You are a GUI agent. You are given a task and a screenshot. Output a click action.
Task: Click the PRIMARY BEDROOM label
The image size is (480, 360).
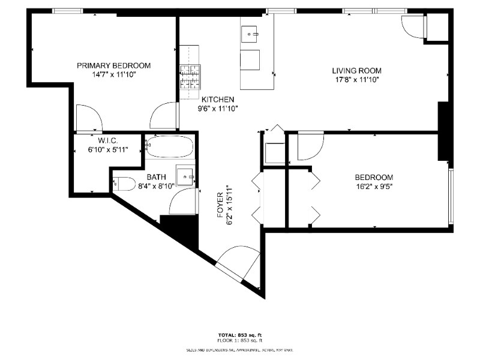tap(113, 65)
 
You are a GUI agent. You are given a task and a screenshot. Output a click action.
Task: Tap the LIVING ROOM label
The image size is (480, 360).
tap(357, 70)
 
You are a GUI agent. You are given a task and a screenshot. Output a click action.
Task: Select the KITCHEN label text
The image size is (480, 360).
tap(218, 100)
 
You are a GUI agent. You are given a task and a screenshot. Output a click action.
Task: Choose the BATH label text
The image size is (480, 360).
tap(157, 178)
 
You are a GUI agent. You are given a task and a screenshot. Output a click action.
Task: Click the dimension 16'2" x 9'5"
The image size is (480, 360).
tap(374, 186)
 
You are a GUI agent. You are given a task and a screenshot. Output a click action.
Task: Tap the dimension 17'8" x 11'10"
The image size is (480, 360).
tap(357, 79)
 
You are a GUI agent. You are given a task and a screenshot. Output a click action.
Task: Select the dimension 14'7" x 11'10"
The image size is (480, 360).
tap(113, 75)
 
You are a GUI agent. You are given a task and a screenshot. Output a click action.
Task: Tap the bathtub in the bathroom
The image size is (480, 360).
tap(170, 146)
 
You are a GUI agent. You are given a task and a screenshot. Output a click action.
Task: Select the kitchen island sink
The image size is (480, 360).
tap(250, 35)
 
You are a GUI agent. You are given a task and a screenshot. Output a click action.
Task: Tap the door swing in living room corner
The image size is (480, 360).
tap(413, 26)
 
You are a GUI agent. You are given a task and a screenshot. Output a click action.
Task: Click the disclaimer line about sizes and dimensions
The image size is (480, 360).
tap(239, 349)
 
